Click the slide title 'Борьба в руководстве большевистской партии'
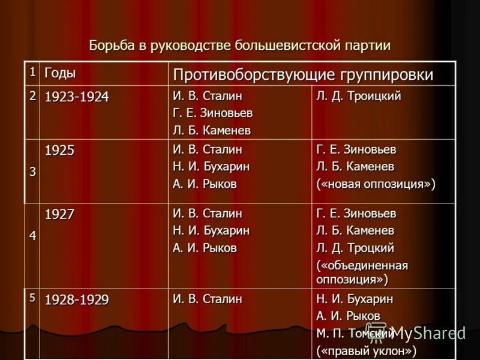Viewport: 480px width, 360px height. click(x=239, y=46)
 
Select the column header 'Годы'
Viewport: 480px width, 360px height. click(x=60, y=73)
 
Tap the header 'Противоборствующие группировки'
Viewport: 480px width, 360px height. click(x=303, y=75)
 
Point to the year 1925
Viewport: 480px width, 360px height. click(x=60, y=150)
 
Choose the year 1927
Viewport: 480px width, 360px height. click(x=60, y=214)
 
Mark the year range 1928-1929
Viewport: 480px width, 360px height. click(x=77, y=299)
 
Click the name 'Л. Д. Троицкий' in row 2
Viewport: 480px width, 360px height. click(x=358, y=96)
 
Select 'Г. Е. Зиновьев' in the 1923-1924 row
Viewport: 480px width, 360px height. click(x=212, y=113)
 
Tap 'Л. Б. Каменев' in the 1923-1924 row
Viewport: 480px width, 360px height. click(x=211, y=130)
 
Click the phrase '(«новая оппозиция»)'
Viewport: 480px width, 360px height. click(x=376, y=184)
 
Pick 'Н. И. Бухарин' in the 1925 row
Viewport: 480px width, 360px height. click(x=211, y=167)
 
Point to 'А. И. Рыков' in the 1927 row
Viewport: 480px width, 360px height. click(x=205, y=248)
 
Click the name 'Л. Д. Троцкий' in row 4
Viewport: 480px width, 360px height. click(x=355, y=248)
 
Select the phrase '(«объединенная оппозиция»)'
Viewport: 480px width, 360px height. click(x=362, y=272)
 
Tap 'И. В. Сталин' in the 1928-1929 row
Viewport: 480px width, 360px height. click(x=207, y=299)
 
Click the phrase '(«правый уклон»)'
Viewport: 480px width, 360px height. click(x=366, y=351)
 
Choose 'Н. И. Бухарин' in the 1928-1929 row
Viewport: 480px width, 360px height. click(x=355, y=299)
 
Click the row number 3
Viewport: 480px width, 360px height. click(x=32, y=171)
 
